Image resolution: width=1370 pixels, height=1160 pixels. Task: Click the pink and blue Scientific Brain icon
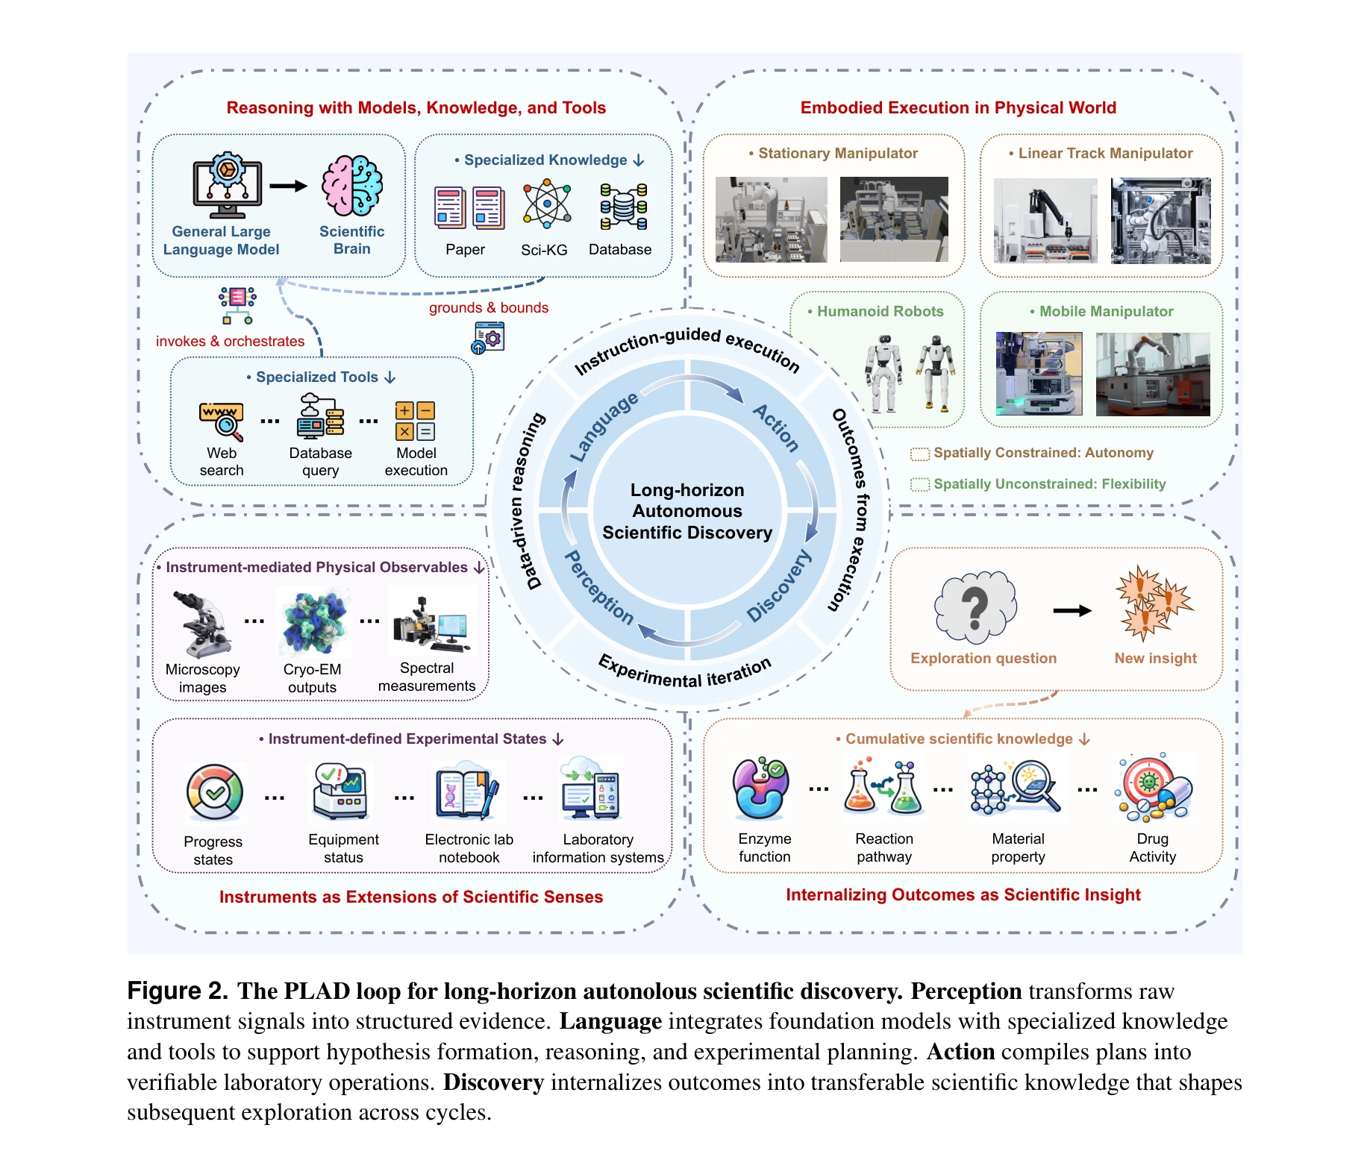coord(352,186)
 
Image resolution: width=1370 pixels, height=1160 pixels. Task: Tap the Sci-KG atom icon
coord(546,204)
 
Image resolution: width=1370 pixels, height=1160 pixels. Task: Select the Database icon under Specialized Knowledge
coord(624,206)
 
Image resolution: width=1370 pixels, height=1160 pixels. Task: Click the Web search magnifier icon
coord(222,421)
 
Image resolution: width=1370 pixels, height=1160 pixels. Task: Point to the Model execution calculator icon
coord(416,421)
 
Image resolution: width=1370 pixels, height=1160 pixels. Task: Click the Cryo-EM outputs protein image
coord(313,621)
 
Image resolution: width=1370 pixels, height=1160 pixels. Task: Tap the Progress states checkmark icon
coord(215,792)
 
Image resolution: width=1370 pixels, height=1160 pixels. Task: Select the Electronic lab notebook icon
coord(468,792)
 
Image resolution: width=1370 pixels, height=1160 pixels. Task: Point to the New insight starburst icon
coord(1153,603)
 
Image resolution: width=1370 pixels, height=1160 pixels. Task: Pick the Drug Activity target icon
coord(1152,788)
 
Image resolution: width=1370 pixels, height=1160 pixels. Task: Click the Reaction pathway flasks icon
coord(883,788)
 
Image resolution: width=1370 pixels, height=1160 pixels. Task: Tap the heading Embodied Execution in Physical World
coord(958,107)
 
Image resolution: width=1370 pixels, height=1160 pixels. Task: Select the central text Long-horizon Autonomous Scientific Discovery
coord(687,511)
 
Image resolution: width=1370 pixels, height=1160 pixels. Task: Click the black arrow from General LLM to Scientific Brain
coord(289,186)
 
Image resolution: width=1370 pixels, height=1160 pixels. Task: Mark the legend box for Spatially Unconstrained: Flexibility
coord(920,485)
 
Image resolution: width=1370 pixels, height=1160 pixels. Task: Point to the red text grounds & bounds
coord(489,307)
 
